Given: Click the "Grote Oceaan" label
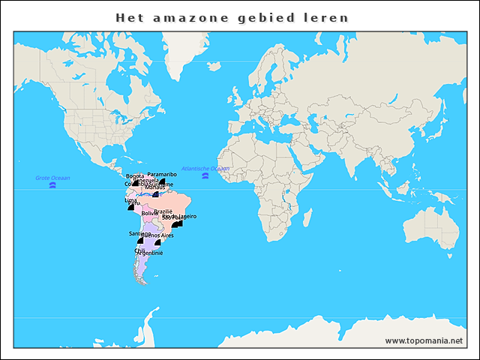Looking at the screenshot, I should tap(52, 178).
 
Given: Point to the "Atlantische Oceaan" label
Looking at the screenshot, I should tap(205, 169).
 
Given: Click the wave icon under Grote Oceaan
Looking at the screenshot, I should tap(52, 185).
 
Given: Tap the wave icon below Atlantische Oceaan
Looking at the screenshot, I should tap(205, 176).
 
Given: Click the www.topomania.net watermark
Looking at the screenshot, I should tap(424, 341).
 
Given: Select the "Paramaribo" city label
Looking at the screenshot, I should tap(162, 174).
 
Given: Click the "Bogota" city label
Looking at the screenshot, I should tap(135, 176).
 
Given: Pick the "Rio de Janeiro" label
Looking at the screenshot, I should tap(179, 216).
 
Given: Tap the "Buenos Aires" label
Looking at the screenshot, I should tap(157, 235).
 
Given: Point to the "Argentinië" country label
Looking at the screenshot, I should tap(149, 253).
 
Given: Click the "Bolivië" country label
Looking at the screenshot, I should tap(151, 213).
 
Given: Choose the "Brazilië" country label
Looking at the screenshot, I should tap(163, 211).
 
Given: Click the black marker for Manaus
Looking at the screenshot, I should tap(155, 194).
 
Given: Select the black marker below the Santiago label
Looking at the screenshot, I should tap(139, 240).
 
